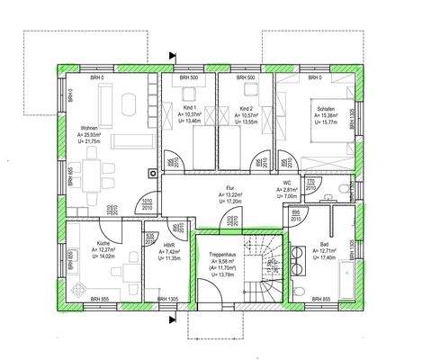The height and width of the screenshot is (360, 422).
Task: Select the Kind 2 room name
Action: (246, 108)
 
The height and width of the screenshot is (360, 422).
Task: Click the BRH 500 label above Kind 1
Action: (186, 76)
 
